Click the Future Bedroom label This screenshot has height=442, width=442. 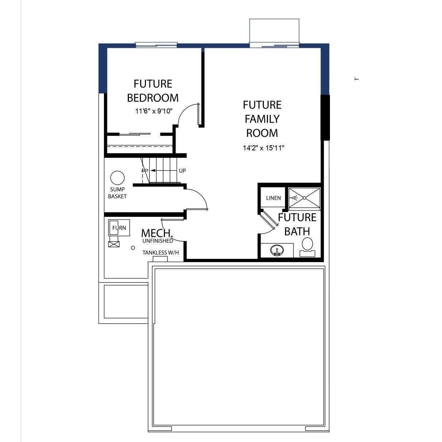click(153, 91)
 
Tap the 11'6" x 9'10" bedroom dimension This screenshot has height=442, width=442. click(154, 111)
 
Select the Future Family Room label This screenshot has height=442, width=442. click(262, 119)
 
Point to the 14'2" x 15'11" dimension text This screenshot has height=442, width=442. click(264, 148)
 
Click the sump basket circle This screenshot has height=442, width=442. click(117, 178)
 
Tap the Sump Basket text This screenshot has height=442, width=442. click(117, 193)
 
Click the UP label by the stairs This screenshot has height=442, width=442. click(182, 170)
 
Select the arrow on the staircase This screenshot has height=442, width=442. click(157, 170)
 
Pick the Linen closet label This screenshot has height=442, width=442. click(273, 198)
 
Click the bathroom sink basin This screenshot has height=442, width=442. click(277, 251)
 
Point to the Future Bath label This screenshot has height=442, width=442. click(297, 224)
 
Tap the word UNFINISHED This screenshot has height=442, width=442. click(158, 241)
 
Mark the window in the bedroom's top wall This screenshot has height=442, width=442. click(156, 45)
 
